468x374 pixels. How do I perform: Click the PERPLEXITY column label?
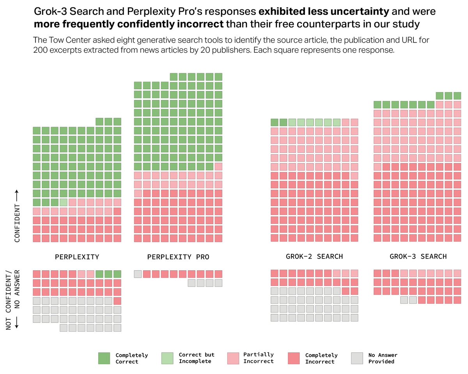(x=77, y=257)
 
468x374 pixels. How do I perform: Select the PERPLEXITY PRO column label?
(x=178, y=257)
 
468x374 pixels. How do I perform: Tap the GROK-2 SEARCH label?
(x=314, y=256)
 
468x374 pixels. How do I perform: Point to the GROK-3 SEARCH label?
(x=418, y=256)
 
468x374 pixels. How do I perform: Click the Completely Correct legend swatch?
(x=104, y=358)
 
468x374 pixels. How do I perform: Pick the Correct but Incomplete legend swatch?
(x=167, y=358)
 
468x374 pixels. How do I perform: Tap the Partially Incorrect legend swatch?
(x=233, y=358)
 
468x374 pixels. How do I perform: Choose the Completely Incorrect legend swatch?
(x=294, y=358)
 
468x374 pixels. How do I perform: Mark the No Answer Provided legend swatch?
(x=357, y=358)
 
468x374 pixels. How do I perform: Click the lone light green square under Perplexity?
(x=64, y=202)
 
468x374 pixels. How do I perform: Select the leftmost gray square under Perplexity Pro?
(x=138, y=274)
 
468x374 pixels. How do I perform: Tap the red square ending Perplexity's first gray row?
(x=117, y=301)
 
